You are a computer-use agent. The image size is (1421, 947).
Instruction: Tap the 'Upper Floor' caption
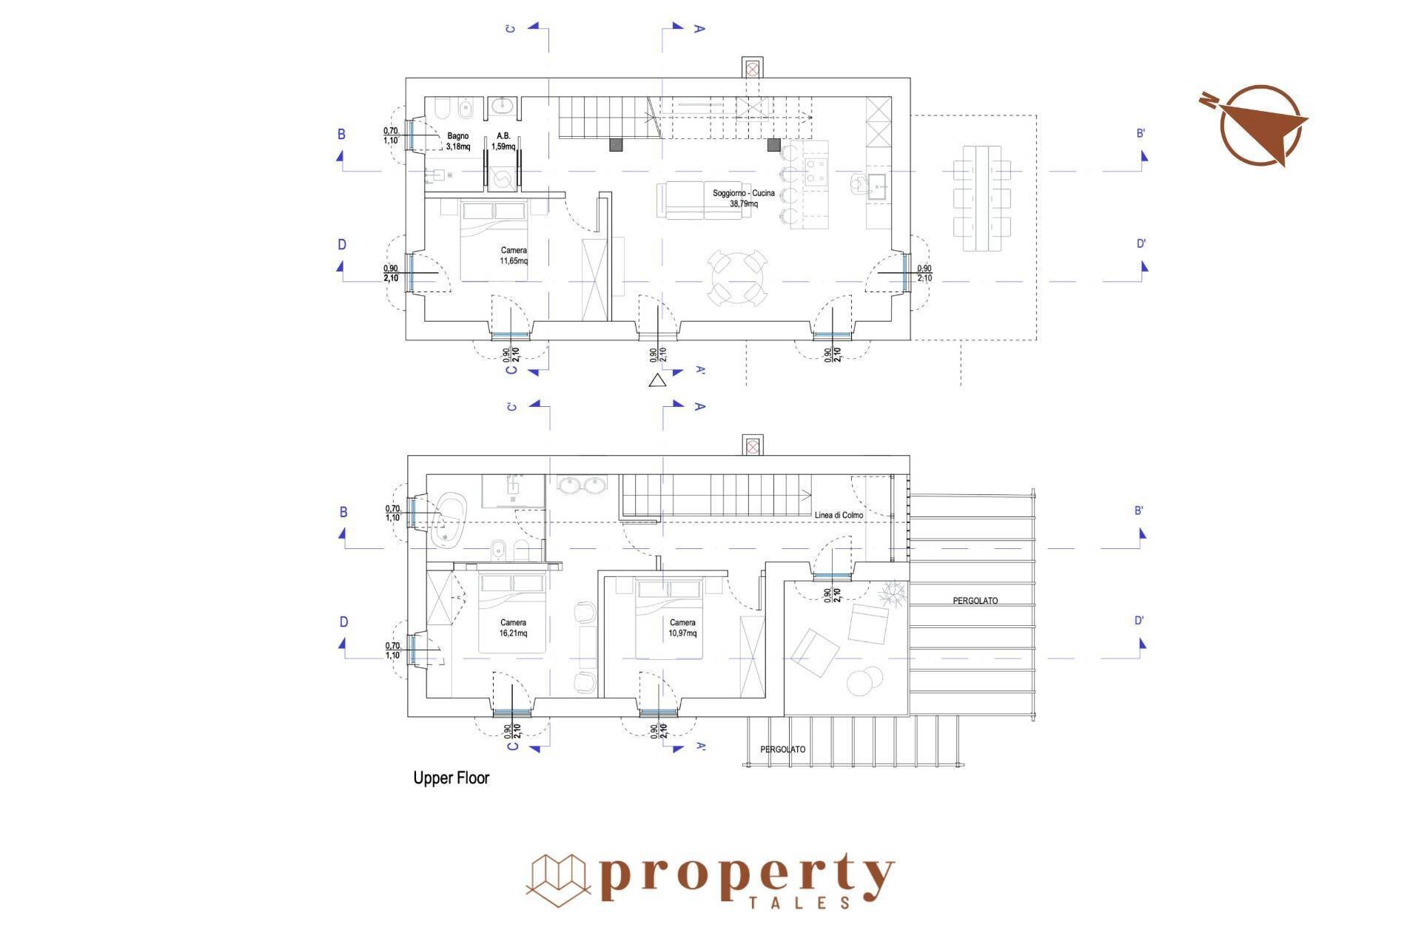(x=451, y=778)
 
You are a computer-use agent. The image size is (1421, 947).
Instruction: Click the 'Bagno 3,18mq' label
(x=458, y=141)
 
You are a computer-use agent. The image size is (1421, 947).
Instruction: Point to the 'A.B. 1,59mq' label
(x=503, y=141)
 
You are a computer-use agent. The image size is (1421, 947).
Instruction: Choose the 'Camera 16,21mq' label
(x=513, y=628)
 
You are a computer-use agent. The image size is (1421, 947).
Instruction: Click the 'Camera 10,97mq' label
(x=682, y=628)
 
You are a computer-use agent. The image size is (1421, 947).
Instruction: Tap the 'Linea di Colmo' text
(x=839, y=515)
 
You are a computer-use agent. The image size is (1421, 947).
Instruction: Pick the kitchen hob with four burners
(x=817, y=172)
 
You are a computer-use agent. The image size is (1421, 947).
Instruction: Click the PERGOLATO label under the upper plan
(x=783, y=749)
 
